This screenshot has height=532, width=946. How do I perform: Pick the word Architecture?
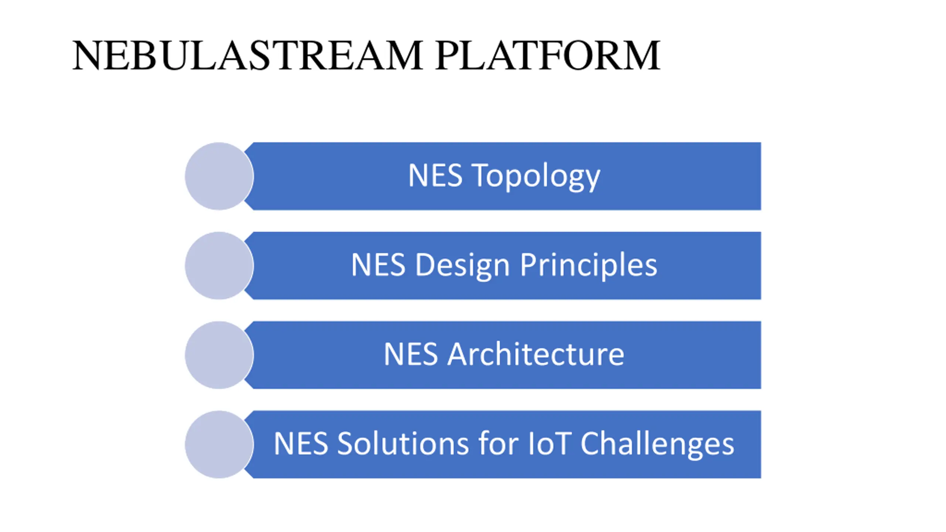tap(536, 354)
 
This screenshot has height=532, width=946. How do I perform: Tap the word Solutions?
tap(403, 444)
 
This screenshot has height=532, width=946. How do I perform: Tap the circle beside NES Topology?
tap(219, 176)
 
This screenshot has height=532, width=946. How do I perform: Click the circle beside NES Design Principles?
tap(219, 266)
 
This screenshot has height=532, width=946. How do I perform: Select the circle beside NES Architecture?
tap(219, 355)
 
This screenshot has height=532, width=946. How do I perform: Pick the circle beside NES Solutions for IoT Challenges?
tap(219, 444)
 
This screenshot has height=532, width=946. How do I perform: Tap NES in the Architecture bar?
tap(411, 354)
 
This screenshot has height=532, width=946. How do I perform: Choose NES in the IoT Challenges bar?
tap(301, 444)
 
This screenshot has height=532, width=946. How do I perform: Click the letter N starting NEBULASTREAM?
tap(86, 55)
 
